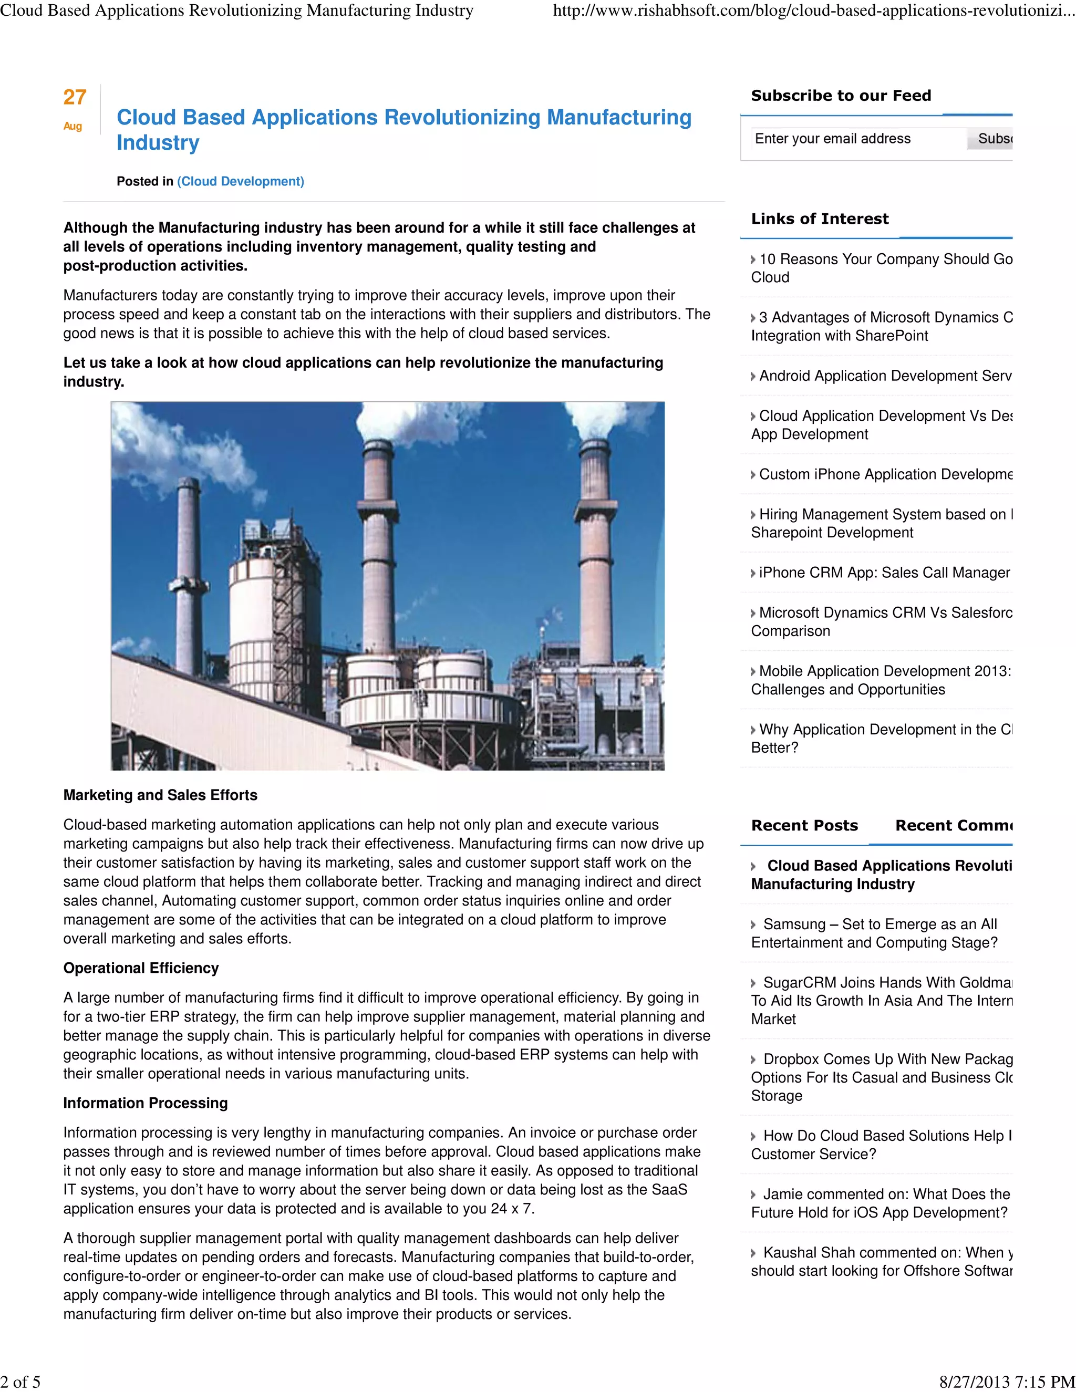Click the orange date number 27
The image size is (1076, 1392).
[75, 98]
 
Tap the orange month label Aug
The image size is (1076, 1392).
[73, 126]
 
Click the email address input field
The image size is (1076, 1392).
[854, 139]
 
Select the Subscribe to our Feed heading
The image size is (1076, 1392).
[841, 96]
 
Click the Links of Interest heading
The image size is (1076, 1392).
[819, 219]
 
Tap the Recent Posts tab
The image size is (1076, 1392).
[804, 826]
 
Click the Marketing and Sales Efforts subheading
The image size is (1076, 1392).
[160, 795]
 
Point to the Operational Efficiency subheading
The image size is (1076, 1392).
[141, 968]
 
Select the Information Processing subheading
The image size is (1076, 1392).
[146, 1103]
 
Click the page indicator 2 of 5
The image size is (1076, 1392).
[20, 1382]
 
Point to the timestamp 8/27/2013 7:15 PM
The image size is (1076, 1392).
[1007, 1382]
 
